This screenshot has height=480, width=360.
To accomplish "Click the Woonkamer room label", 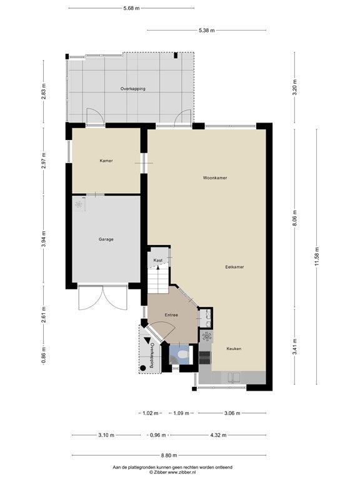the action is click(215, 178).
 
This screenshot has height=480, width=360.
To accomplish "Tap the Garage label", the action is click(106, 239).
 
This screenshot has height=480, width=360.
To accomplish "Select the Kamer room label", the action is click(106, 161).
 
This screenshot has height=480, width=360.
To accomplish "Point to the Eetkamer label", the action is click(234, 267).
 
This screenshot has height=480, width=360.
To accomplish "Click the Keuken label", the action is click(234, 349).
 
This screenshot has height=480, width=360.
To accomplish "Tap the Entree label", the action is click(171, 315).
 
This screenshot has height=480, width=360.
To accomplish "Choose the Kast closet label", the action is click(158, 261).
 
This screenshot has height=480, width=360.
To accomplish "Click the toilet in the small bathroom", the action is click(182, 355).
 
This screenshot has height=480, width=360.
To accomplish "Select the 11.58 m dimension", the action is click(316, 256).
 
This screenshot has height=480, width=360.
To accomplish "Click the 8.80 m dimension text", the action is click(169, 455).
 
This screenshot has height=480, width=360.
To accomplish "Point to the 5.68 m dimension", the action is click(131, 8).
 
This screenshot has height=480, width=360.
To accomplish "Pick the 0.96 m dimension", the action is click(157, 435).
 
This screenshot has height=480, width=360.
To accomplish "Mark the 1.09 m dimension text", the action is click(181, 413).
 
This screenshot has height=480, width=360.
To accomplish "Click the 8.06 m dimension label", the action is click(295, 219).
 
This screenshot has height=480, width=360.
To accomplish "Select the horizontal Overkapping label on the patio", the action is click(133, 89).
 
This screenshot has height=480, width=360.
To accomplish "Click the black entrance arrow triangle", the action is click(148, 341).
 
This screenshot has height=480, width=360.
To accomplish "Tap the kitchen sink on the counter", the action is click(234, 377).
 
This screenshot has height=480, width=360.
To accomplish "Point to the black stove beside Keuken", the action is click(205, 357).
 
